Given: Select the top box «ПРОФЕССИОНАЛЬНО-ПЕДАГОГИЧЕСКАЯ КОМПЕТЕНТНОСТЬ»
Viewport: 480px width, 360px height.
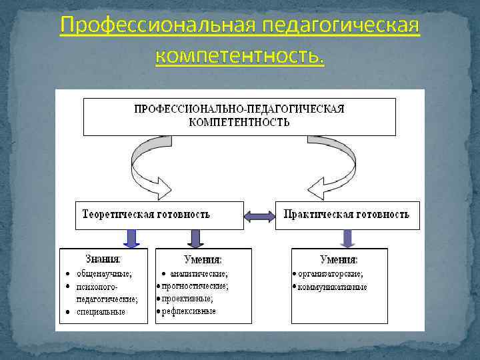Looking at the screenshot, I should click(239, 116).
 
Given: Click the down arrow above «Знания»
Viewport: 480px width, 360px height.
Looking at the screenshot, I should click(131, 238).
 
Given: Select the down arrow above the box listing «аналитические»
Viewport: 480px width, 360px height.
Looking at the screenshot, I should click(196, 238).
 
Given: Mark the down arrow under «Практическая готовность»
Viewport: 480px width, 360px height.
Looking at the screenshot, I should click(348, 238).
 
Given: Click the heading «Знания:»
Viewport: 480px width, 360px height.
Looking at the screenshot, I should click(103, 259).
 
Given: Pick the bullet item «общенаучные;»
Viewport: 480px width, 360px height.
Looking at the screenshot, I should click(104, 273).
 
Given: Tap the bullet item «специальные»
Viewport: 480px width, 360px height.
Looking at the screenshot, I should click(101, 311).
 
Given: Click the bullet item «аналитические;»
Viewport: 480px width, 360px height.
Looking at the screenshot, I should click(199, 273).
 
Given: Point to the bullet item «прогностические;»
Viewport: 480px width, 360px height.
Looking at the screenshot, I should click(195, 286).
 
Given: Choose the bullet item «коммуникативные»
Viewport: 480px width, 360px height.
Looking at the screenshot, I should click(332, 287).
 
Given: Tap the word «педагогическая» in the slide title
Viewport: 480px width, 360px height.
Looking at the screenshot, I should click(341, 26).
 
